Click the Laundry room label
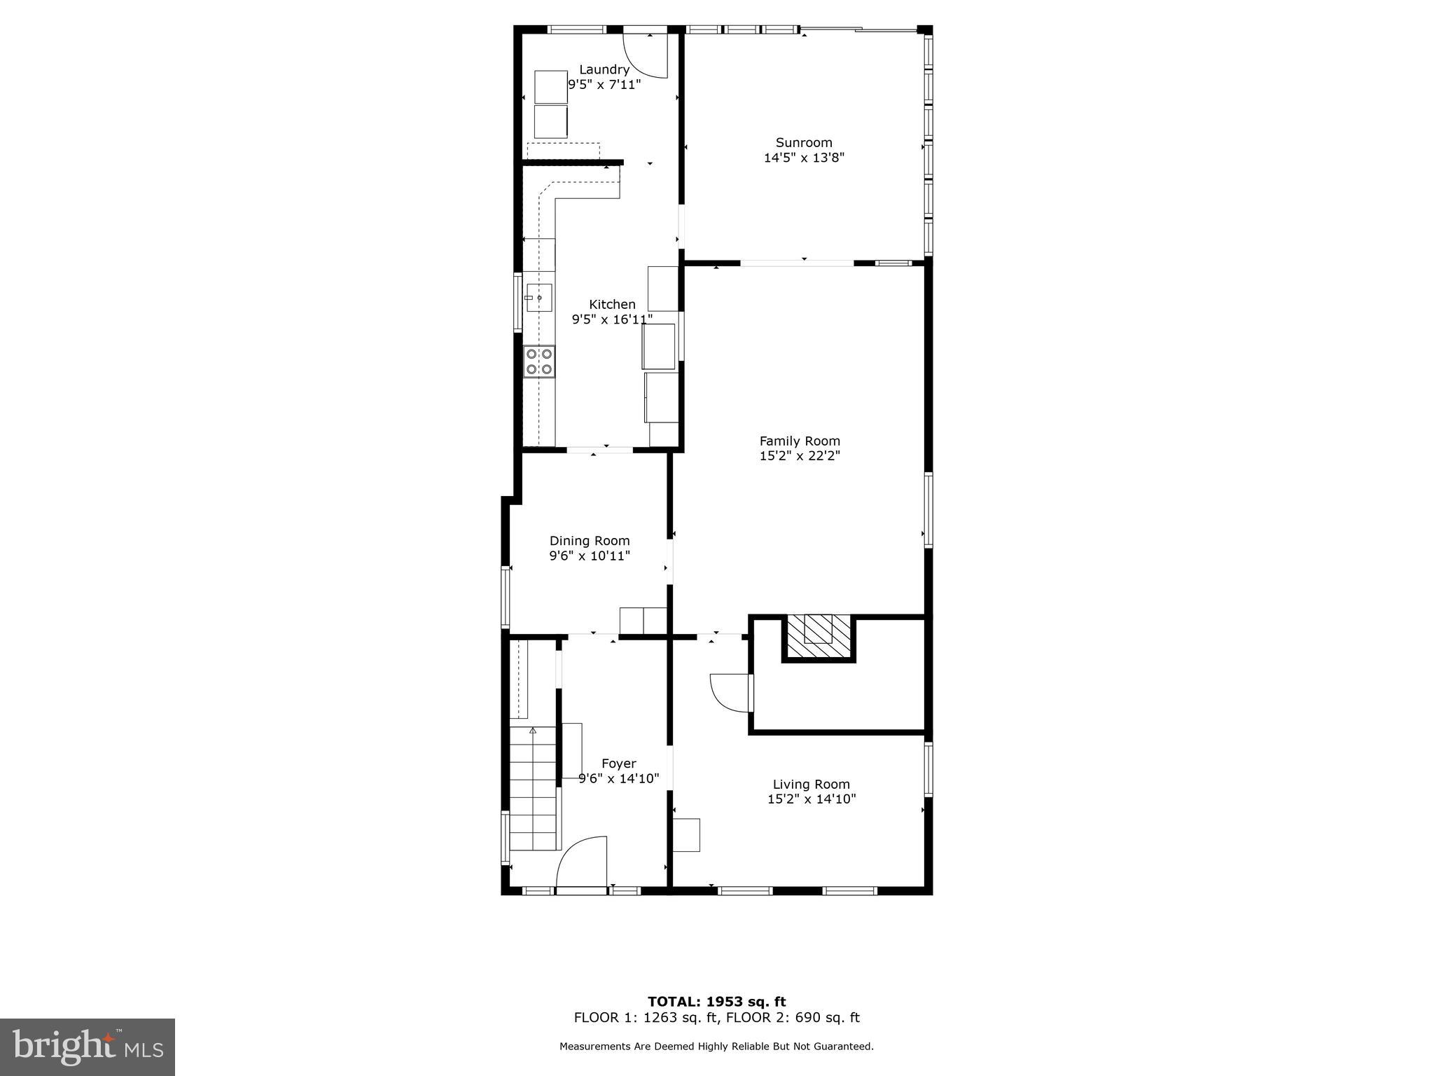tap(604, 69)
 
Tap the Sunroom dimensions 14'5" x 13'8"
tap(804, 158)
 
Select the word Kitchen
tap(612, 304)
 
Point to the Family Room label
tap(800, 441)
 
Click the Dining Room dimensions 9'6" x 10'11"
tap(590, 556)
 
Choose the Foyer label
tap(619, 764)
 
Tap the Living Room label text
tap(811, 785)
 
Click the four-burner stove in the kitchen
tap(539, 361)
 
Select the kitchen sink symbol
tap(538, 298)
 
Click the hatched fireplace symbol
tap(819, 636)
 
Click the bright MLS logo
tap(88, 1047)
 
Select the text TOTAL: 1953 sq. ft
tap(716, 1002)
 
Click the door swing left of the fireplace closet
tap(730, 692)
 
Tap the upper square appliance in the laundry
tap(551, 87)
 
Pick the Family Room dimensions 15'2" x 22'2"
tap(800, 456)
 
